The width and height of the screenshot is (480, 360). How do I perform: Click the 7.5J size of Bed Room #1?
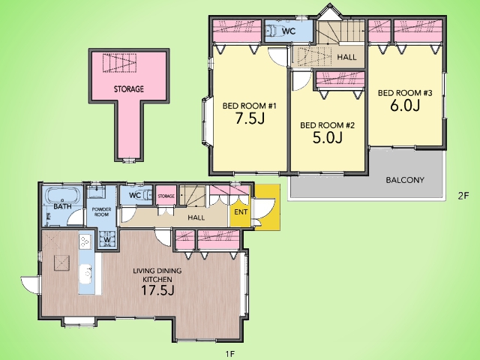[250, 118]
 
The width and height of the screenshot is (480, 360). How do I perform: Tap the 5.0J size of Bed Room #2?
[327, 137]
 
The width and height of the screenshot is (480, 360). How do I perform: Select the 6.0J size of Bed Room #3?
[405, 105]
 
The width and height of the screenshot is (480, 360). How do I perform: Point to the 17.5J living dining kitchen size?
[157, 290]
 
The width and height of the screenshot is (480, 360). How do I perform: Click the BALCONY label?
[405, 180]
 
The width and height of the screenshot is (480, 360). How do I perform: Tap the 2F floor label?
[463, 196]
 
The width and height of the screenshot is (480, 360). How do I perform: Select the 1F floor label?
[230, 354]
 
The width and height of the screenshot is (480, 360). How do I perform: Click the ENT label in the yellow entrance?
[241, 211]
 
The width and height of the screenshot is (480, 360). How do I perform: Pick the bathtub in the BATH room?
[63, 195]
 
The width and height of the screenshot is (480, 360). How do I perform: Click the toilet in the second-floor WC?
[271, 31]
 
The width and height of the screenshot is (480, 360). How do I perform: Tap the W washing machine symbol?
[107, 239]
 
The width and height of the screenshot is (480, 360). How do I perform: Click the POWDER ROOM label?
[102, 211]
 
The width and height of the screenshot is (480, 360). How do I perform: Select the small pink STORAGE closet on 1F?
[166, 195]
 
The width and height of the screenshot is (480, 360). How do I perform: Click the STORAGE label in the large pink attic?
[129, 89]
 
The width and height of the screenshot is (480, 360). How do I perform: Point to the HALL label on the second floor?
[346, 57]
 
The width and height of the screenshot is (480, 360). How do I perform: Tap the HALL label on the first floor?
[196, 217]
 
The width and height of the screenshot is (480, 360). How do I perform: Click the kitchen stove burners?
[85, 241]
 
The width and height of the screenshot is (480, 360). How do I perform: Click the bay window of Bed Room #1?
[206, 121]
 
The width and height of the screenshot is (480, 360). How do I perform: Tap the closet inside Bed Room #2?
[340, 80]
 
